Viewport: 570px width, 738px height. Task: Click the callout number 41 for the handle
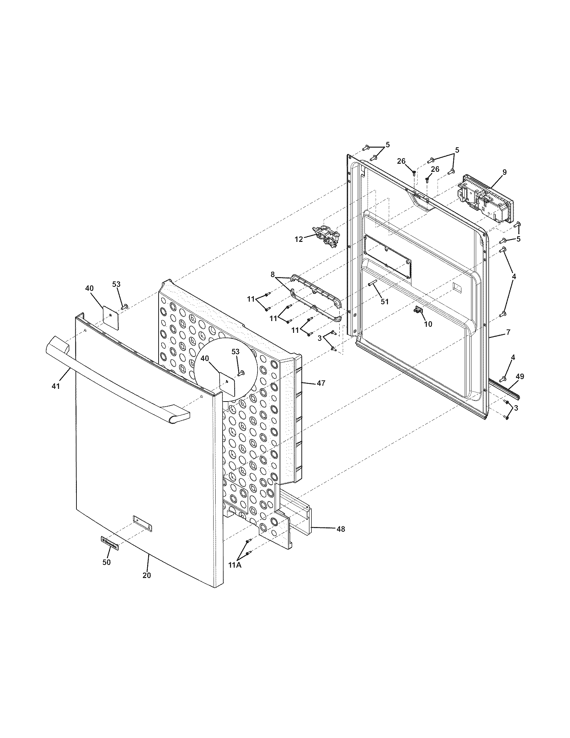pos(55,386)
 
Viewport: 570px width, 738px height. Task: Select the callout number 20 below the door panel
pos(147,575)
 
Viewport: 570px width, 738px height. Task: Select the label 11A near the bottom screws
pos(235,565)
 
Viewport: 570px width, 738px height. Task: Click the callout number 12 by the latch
pos(299,239)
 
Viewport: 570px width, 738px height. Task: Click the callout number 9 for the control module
pos(505,172)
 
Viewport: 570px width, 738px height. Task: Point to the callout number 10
pos(428,324)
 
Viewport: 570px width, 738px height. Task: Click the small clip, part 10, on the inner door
pos(418,309)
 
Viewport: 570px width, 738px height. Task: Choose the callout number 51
pos(385,302)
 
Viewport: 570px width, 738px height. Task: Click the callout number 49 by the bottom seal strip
pos(520,376)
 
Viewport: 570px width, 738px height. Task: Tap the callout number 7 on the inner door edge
pos(508,332)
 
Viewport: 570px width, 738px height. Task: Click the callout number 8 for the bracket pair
pos(273,275)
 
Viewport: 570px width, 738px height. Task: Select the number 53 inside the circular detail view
pos(235,352)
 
